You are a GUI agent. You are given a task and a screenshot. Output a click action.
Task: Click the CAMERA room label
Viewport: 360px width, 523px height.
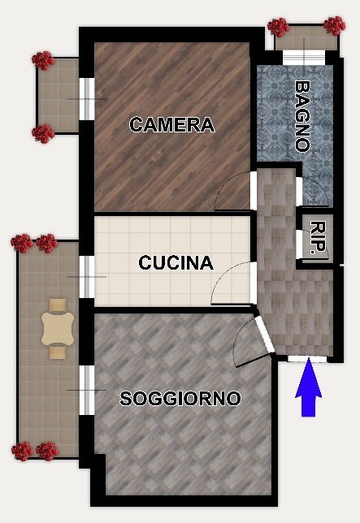point(171,125)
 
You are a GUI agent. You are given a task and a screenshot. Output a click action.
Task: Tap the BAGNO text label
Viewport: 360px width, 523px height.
point(302,115)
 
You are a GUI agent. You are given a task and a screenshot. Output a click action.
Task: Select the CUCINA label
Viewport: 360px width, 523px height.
point(176,263)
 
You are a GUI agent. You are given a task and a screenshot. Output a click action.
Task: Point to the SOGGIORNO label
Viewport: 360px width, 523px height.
point(180,399)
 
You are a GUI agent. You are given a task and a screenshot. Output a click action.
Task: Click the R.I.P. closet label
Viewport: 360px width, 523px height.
point(319,237)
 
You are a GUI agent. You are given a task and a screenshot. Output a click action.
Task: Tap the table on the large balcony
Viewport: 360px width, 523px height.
point(58,329)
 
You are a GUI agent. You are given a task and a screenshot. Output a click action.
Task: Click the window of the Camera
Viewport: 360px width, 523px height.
point(86,98)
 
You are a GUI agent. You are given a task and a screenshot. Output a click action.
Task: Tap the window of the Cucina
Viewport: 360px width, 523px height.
point(86,277)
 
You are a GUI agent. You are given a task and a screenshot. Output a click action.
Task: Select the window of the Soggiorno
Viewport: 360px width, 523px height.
point(86,391)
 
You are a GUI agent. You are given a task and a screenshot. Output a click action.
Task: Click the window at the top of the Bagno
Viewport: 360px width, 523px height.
point(302,58)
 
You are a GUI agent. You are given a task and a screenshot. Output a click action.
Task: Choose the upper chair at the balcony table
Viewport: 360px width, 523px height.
point(58,306)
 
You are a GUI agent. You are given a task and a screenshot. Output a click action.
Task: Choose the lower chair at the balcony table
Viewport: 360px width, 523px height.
point(58,352)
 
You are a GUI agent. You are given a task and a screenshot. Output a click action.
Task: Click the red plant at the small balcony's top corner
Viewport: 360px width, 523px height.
point(43,59)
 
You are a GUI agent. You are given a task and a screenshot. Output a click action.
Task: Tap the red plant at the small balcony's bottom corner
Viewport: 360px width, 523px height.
point(43,132)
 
